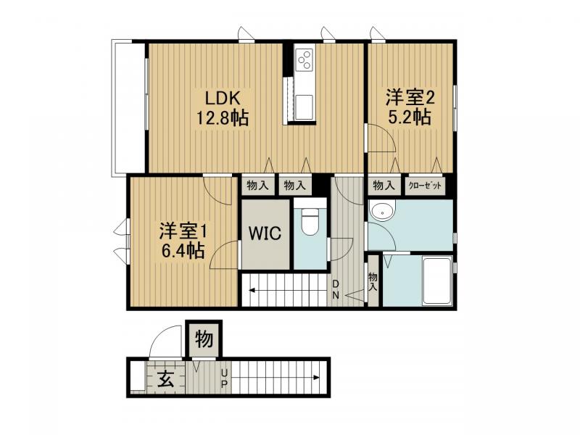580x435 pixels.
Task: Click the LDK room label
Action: coord(218,99)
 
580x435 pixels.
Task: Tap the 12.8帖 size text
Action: coord(220,118)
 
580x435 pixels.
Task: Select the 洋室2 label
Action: coord(410,96)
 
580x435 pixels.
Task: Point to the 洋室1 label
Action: coord(184,231)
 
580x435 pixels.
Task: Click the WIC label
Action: coord(265,234)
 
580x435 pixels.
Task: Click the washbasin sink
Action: coord(381,212)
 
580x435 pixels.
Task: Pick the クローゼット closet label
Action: coord(424,186)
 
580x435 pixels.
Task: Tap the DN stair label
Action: coord(337,288)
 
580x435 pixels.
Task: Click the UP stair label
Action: coord(225,377)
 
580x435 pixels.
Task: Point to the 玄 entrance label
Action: coord(166,378)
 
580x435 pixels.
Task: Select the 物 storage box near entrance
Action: coord(204,339)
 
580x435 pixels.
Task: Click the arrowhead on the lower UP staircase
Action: coord(318,377)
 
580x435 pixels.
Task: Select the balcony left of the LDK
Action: coord(128,107)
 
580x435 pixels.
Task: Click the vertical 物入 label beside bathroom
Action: coord(373,281)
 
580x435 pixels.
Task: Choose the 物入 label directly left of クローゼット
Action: coord(384,186)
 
